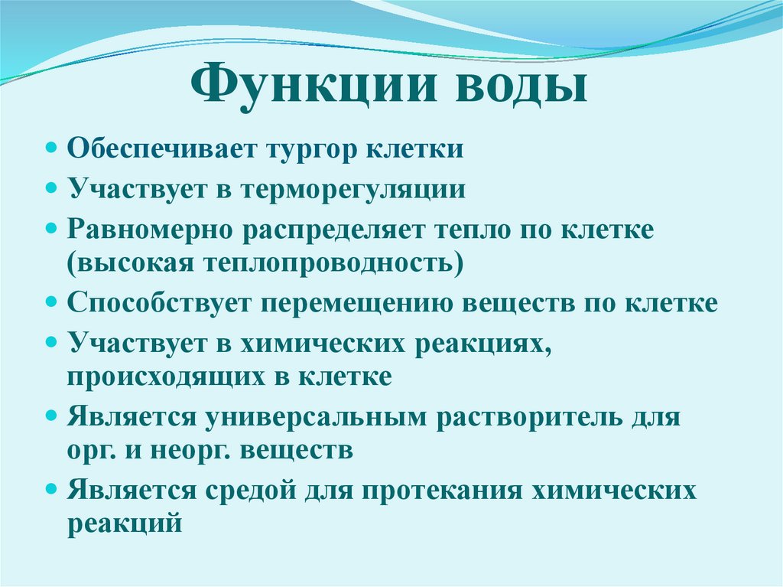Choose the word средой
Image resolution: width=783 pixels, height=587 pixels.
247,491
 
